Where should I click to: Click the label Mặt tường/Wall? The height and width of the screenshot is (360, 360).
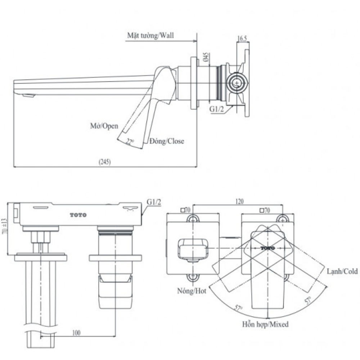click(x=150, y=36)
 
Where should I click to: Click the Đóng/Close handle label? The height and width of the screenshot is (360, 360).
click(x=167, y=141)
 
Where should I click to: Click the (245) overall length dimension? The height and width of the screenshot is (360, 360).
click(x=104, y=162)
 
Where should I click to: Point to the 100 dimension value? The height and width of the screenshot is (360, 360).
click(x=77, y=333)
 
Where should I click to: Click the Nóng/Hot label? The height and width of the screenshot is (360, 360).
click(x=192, y=291)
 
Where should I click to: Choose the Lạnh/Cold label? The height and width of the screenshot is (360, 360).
click(x=342, y=271)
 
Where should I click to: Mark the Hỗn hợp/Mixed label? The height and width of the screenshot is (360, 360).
click(x=265, y=324)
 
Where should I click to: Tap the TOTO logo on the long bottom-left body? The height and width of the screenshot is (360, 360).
click(x=78, y=215)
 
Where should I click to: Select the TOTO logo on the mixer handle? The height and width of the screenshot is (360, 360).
click(x=267, y=248)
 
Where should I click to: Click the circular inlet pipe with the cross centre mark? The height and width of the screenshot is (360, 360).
click(x=236, y=82)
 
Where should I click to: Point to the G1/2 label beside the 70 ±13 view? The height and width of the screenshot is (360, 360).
click(x=154, y=202)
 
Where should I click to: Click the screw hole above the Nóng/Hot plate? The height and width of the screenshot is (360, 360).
click(x=193, y=219)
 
